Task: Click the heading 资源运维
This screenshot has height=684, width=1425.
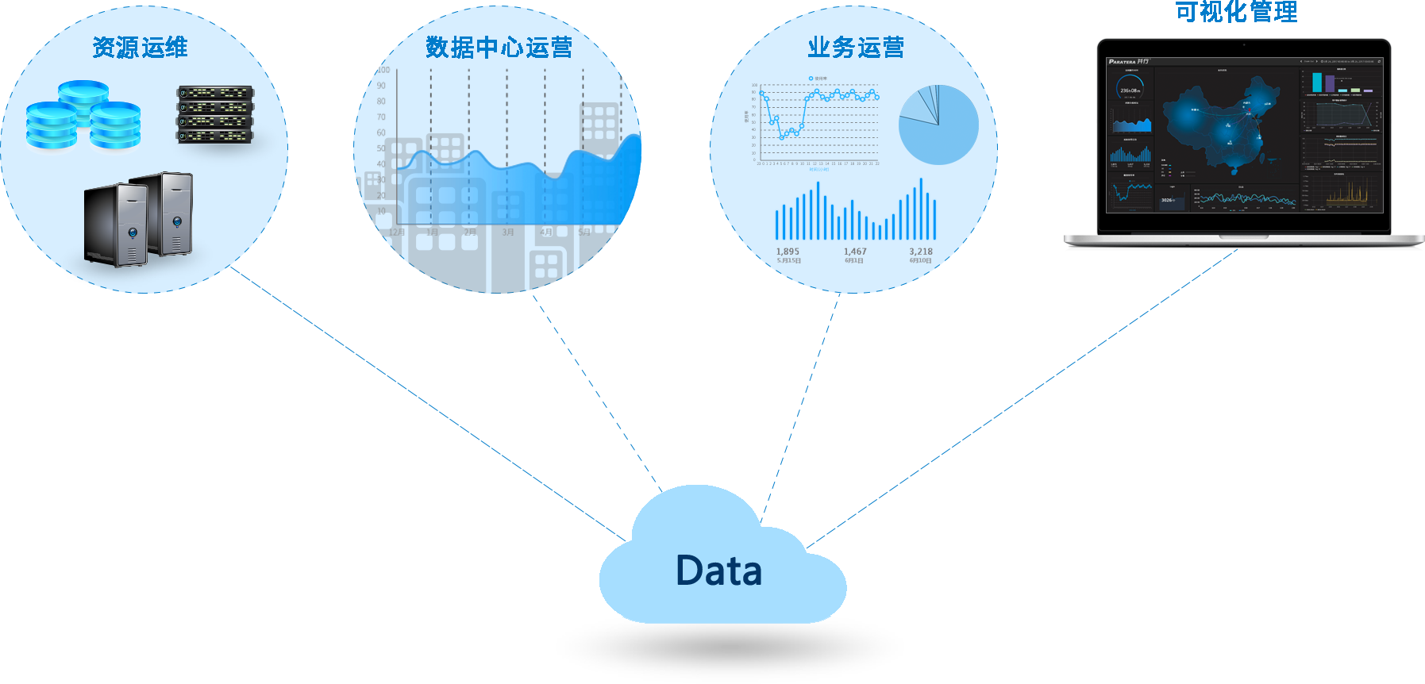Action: (140, 48)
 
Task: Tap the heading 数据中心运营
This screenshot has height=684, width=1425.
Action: (499, 48)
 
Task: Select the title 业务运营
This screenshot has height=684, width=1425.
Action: (856, 48)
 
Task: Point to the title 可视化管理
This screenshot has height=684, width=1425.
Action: (1236, 11)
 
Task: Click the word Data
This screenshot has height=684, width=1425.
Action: (719, 571)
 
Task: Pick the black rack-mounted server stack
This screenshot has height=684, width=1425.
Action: (215, 114)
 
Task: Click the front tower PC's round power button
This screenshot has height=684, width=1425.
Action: (133, 232)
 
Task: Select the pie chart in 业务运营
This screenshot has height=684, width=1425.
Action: (938, 125)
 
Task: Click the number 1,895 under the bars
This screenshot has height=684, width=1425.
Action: (788, 252)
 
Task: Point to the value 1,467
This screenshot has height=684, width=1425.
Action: (855, 252)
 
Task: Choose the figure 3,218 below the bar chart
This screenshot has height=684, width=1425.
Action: (921, 252)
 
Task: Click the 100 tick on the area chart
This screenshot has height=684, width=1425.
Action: (383, 70)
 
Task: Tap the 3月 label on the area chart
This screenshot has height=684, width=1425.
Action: (508, 232)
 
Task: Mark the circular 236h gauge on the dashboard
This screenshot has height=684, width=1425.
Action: (1130, 88)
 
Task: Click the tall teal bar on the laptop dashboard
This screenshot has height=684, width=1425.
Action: (1317, 83)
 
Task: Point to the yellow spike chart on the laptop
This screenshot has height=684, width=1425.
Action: (1347, 192)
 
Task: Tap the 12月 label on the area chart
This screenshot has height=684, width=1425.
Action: (397, 232)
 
